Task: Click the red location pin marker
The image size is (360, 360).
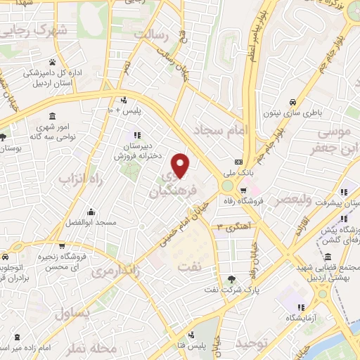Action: pyautogui.click(x=181, y=165)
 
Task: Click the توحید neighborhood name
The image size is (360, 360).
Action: pyautogui.click(x=252, y=344)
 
